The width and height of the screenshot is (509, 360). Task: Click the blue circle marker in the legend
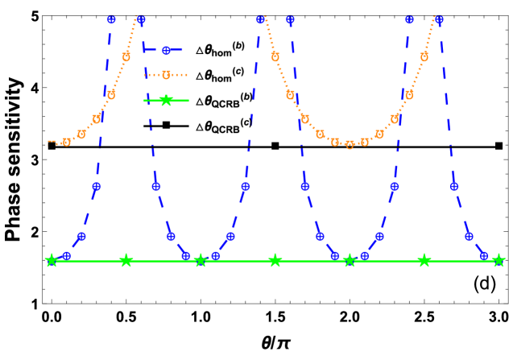pos(166,50)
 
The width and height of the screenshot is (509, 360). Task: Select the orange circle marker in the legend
pos(166,75)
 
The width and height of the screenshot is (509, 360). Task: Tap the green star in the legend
pos(166,101)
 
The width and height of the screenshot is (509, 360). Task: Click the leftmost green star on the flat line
pos(52,260)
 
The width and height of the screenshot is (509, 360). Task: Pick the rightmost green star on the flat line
pos(499,260)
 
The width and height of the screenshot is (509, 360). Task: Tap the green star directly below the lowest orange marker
pos(350,260)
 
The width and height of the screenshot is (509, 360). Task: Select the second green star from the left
pos(126,260)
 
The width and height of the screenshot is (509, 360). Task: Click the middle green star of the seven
pos(275,260)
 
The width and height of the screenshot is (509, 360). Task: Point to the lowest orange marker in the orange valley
pos(350,145)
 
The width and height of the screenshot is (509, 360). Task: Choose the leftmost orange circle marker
pos(67,142)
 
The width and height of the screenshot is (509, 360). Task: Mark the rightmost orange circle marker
pos(424,57)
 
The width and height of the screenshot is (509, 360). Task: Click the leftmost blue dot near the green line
pos(67,255)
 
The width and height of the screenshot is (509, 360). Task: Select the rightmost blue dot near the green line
pos(483,255)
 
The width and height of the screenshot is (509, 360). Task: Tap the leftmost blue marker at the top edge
pos(111,19)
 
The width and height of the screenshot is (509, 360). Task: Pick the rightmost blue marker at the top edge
pos(439,19)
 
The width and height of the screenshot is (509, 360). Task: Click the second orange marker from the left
pos(81,134)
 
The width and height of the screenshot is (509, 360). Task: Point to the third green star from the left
pos(201,260)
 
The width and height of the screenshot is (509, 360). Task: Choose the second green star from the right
pos(424,260)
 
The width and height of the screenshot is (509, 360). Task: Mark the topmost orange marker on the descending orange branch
pos(275,57)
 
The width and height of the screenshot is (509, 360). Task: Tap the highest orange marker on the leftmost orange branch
pos(126,57)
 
